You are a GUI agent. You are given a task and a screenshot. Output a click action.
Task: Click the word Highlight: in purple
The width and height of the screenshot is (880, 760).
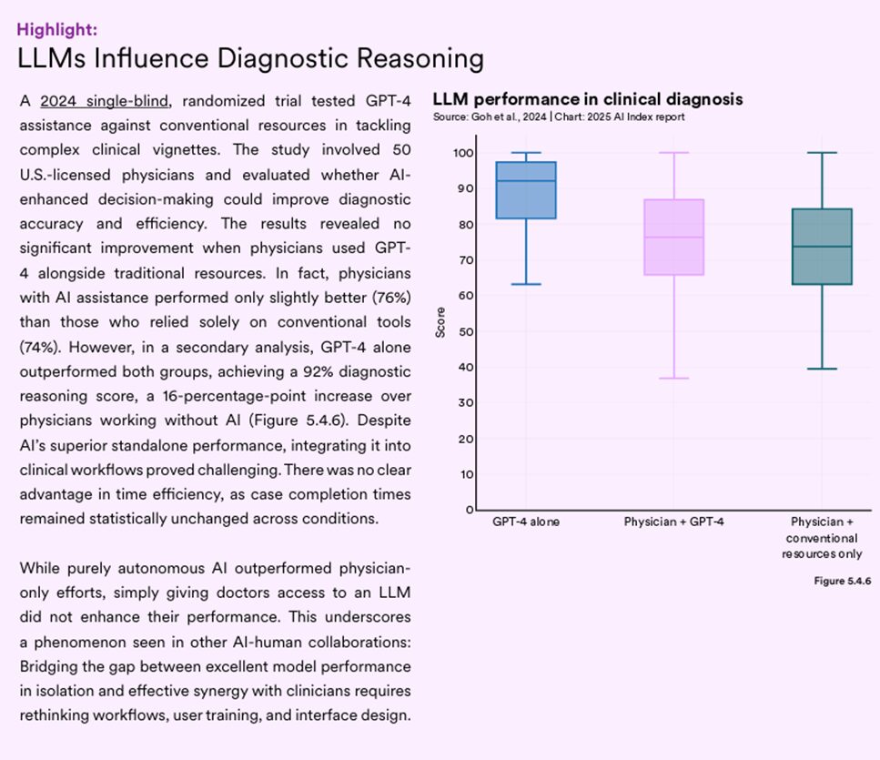point(57,29)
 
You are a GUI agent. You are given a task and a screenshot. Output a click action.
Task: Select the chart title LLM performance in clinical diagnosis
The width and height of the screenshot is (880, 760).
point(587,99)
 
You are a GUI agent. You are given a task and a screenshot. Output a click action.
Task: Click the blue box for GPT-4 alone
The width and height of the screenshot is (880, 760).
point(526,191)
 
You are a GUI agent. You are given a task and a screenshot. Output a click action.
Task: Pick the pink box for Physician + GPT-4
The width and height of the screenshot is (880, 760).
point(673,237)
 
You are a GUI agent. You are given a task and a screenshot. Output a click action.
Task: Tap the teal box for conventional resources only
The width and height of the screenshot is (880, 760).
point(822,247)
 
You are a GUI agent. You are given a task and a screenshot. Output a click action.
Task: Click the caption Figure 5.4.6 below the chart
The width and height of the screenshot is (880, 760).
point(842,582)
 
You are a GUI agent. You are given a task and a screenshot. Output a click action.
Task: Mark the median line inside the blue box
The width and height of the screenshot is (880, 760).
point(526,181)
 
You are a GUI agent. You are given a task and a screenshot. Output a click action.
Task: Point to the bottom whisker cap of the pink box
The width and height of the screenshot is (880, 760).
point(673,378)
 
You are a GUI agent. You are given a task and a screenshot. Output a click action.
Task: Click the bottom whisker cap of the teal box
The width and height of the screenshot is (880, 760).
point(822,369)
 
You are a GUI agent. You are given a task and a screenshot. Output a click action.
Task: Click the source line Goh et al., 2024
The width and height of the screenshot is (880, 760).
point(494,117)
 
